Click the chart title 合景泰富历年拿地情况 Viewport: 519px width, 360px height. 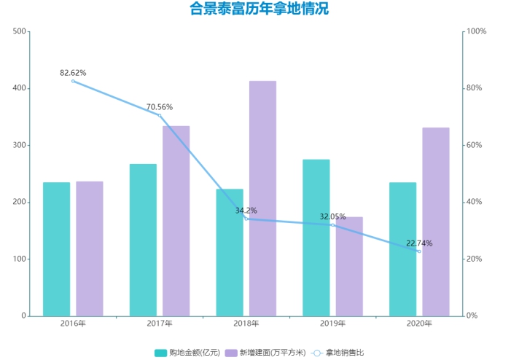(x=259, y=10)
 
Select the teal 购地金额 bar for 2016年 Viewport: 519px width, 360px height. (x=56, y=249)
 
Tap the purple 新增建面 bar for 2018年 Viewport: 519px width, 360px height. (x=262, y=198)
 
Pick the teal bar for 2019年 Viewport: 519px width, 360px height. (x=316, y=238)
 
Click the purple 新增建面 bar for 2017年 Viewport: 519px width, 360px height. (x=176, y=221)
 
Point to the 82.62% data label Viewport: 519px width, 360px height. (x=73, y=73)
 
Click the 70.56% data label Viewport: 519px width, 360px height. (x=159, y=107)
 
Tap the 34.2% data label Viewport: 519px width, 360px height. (x=246, y=211)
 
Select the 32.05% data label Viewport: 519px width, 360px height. (x=332, y=216)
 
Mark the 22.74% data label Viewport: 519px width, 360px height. (x=419, y=243)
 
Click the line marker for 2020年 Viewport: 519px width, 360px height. (x=418, y=251)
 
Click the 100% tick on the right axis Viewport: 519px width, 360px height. (x=476, y=31)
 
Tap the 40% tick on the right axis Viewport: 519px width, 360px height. (x=474, y=202)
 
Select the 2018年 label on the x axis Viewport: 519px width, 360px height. (x=246, y=324)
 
